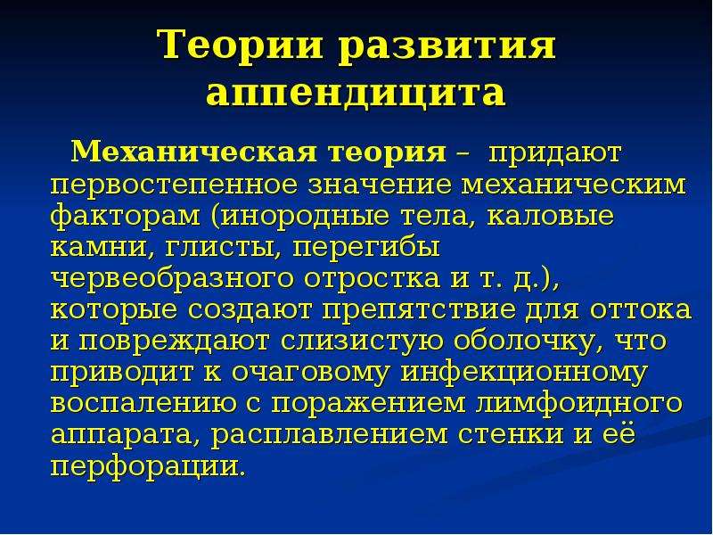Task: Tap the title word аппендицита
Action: [356, 94]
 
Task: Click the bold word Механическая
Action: [193, 152]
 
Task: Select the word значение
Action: [381, 185]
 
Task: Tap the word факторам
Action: [125, 217]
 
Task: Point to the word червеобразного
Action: [171, 279]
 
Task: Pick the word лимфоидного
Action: [578, 404]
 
